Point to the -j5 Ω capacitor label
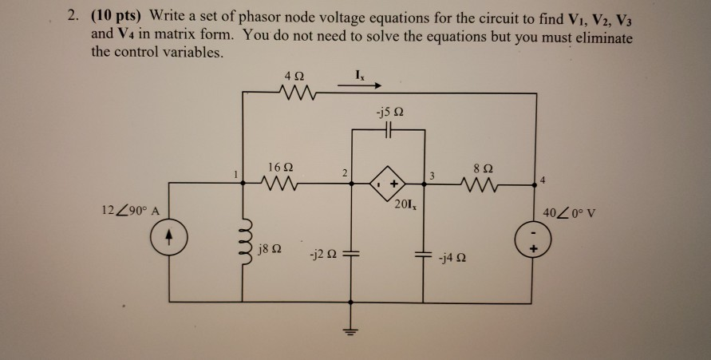point(390,110)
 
